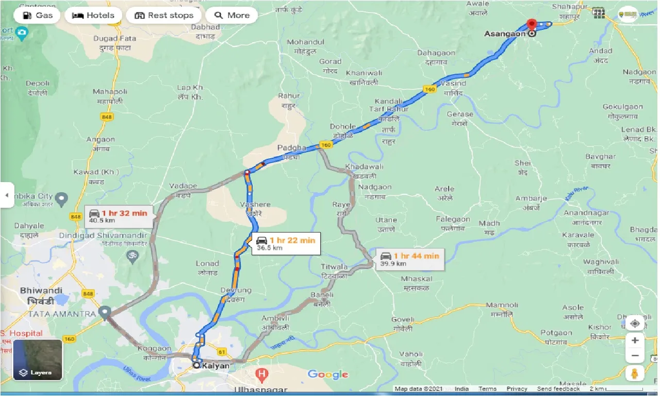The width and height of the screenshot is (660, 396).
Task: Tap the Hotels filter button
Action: pos(93,15)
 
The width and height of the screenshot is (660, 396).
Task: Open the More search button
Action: pos(232,15)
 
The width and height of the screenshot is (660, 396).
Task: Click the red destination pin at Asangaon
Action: pos(532,25)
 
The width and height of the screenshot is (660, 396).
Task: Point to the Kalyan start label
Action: pos(214,366)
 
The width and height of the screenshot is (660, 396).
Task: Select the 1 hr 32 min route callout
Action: pos(118,216)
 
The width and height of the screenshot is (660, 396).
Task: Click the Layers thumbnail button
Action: pos(38,359)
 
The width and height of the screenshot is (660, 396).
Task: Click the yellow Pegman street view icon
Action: pos(635,374)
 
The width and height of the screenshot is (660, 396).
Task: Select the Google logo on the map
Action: pos(328,375)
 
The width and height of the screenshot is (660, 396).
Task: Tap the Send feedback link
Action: pos(559,389)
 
